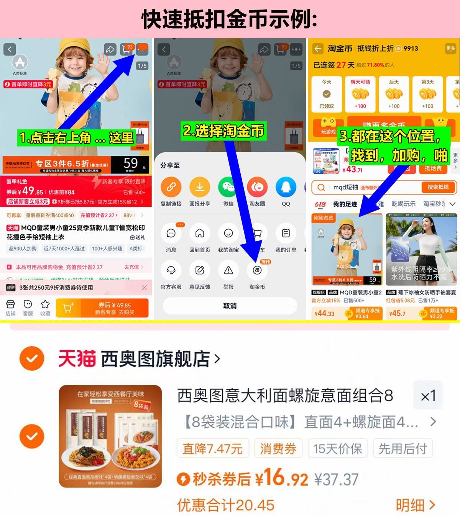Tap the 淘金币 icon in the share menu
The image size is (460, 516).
(257, 271)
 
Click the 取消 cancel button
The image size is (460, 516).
(230, 306)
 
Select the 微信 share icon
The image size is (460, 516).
(228, 187)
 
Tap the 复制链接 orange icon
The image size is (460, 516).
(171, 187)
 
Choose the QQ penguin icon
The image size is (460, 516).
(286, 187)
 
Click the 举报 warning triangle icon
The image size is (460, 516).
(228, 271)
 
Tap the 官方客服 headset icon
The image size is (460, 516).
(171, 271)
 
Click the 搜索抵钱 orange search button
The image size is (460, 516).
(437, 187)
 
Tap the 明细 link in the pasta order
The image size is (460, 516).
(415, 505)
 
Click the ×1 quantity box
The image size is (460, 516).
(428, 396)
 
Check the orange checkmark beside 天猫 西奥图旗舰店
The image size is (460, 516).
(32, 359)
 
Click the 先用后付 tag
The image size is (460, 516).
(402, 449)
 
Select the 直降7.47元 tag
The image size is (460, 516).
(213, 449)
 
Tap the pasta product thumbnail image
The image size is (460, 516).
(110, 436)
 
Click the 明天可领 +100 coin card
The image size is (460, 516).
(360, 94)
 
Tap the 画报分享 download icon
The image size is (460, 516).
(200, 187)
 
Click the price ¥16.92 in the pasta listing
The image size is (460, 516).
(282, 478)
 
